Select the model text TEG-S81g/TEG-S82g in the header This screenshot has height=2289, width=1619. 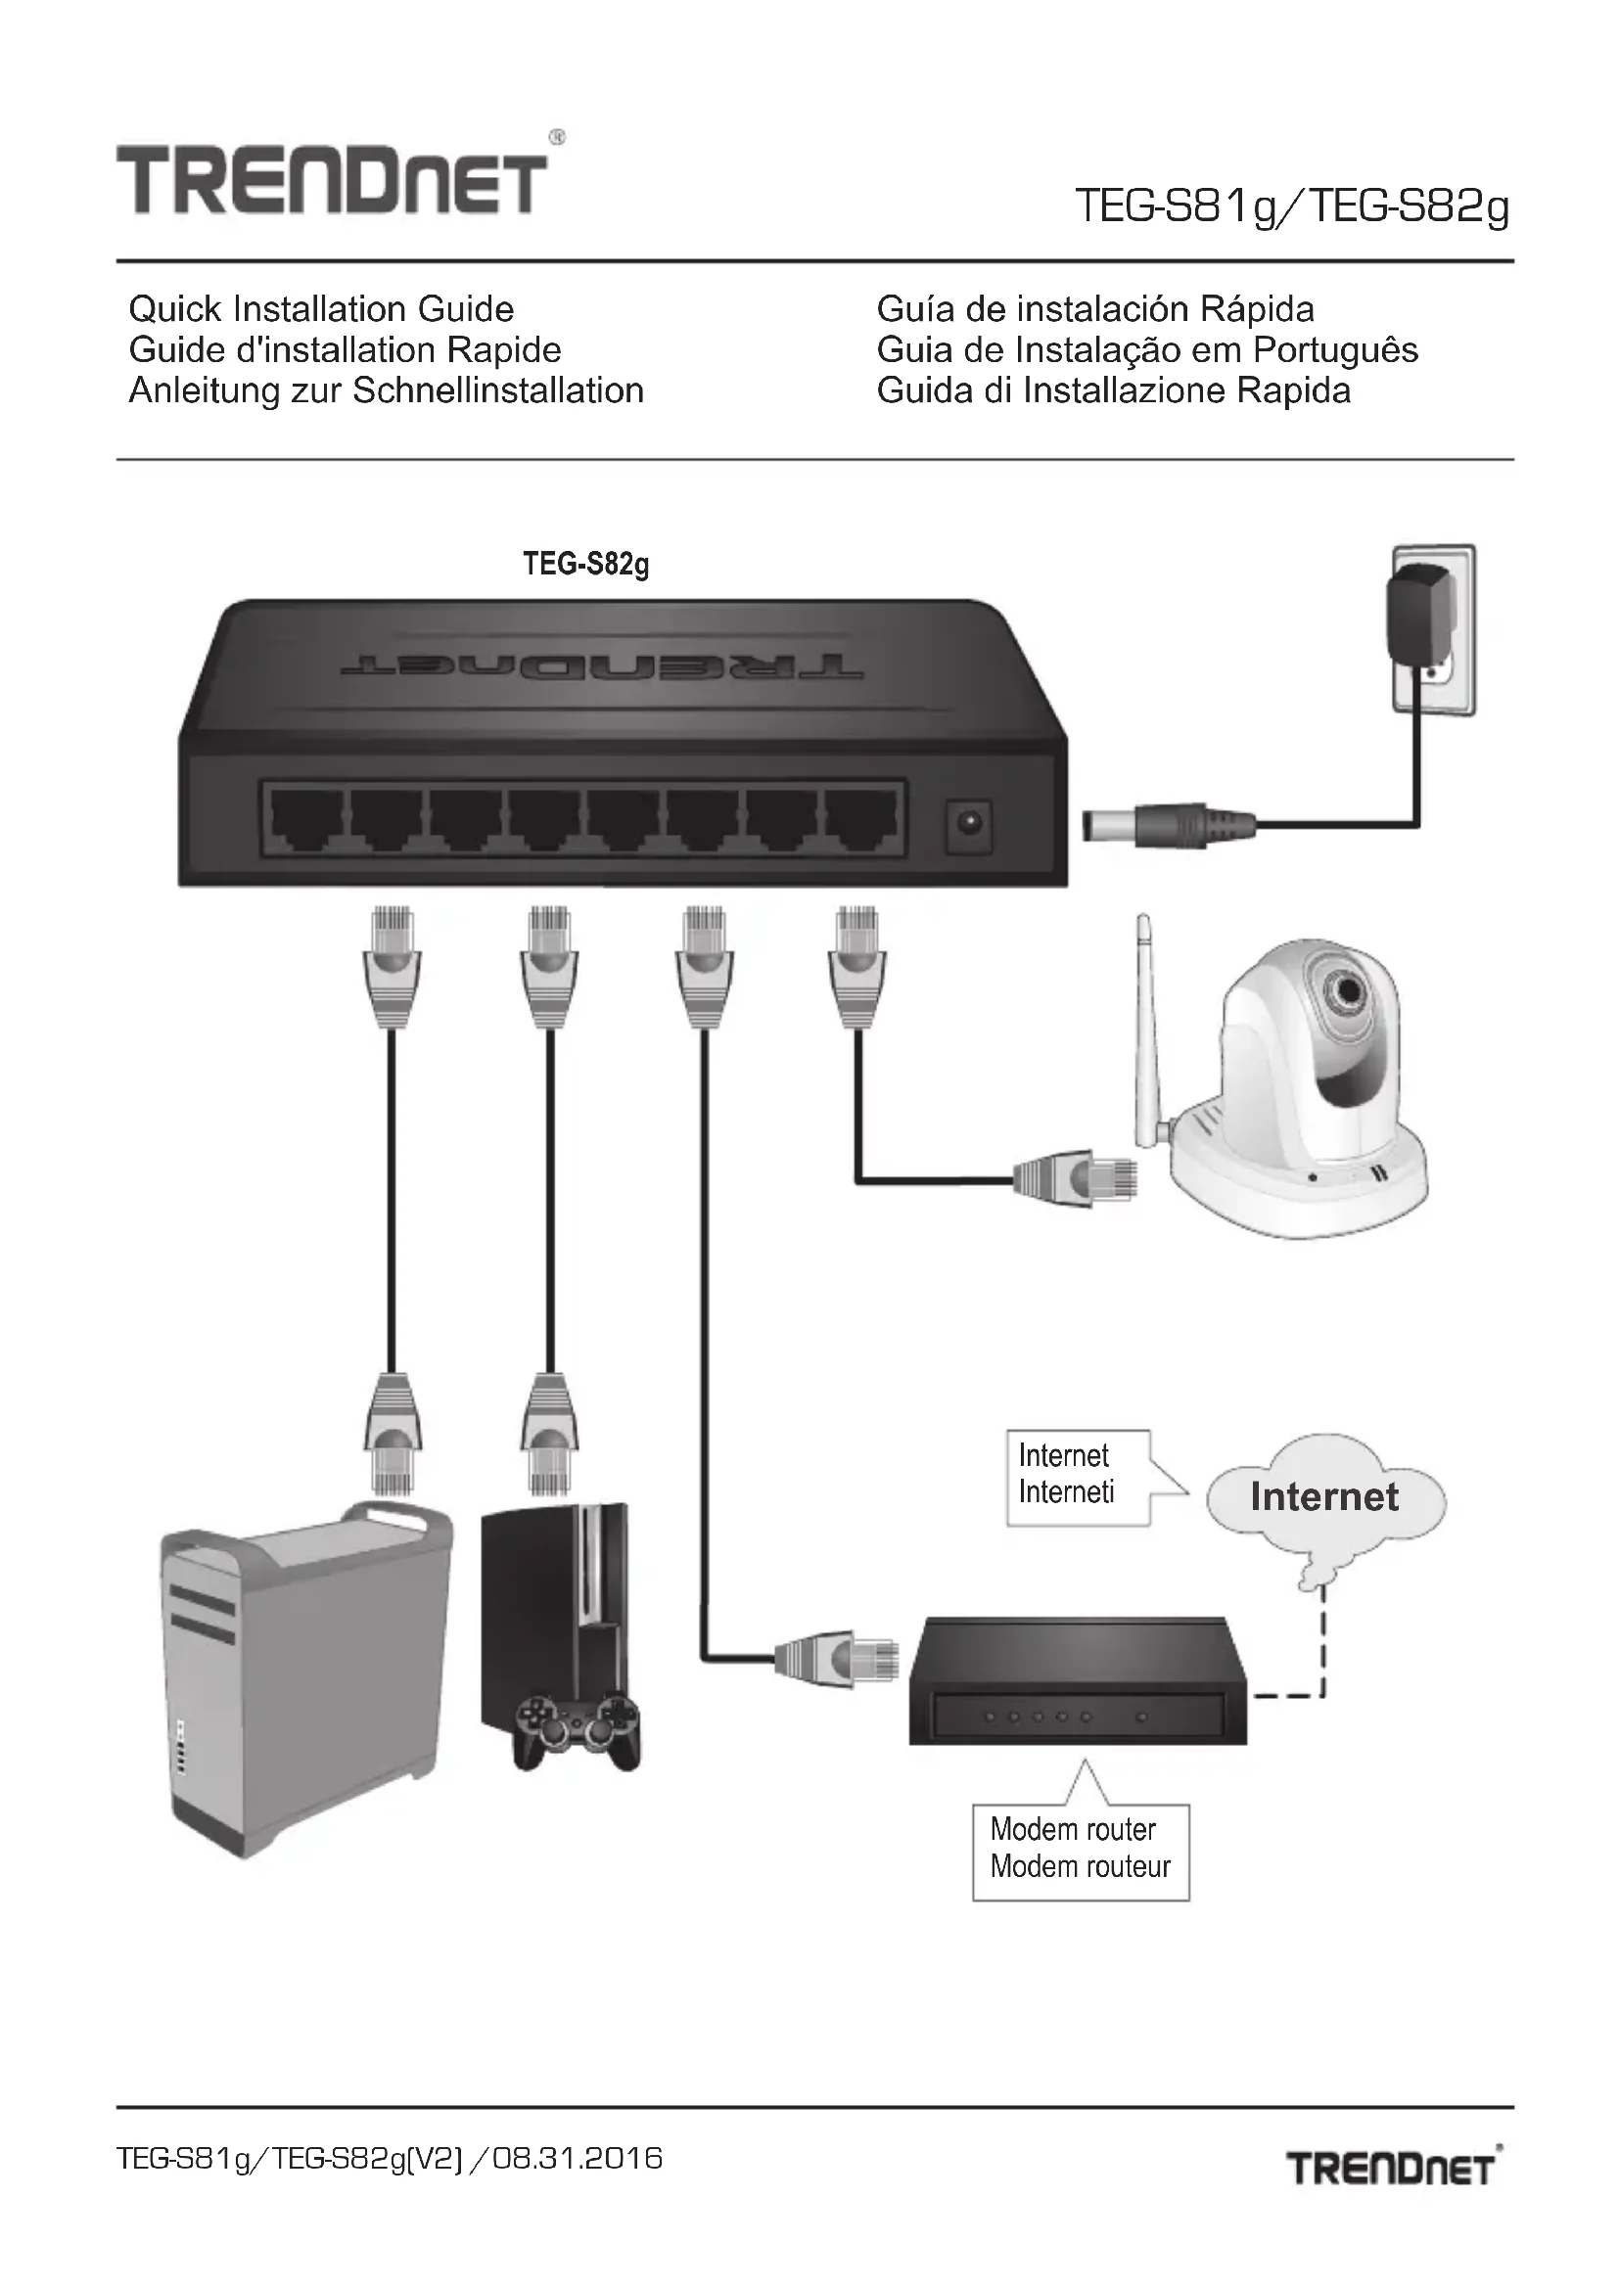coord(1292,207)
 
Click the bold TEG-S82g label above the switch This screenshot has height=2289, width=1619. coord(586,565)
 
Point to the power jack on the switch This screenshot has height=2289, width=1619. coord(968,823)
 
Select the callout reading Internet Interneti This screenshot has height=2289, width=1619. coord(1077,1476)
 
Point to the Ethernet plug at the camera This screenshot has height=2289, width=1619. coord(1075,1179)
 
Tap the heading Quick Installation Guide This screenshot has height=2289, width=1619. coord(321,309)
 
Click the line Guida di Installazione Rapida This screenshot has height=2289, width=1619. coord(1114,389)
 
